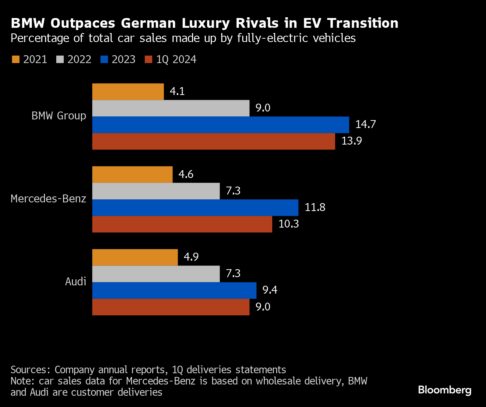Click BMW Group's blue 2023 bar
pos(220,125)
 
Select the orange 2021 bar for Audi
pos(135,257)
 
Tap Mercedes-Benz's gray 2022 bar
pos(156,191)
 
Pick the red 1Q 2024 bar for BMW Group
pos(214,141)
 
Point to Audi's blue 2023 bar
pos(174,290)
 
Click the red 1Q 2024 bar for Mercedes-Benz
pos(182,224)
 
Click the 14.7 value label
pos(365,124)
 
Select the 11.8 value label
pos(315,207)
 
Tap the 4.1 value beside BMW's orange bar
pos(177,91)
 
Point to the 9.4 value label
pos(270,290)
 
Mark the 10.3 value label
pos(288,224)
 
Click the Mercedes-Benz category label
pos(48,199)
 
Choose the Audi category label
pos(75,282)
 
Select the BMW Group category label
pos(59,116)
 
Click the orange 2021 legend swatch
pos(16,59)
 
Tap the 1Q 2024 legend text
pos(176,59)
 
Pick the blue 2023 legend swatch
pos(104,59)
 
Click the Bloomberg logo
pos(444,390)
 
